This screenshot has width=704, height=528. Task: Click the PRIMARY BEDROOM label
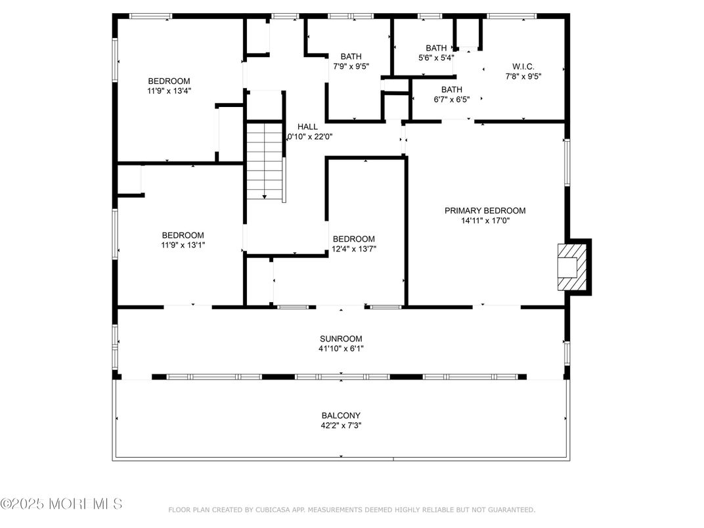pos(485,211)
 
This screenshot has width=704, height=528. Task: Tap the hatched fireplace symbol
pos(567,267)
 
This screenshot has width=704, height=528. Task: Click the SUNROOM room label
pos(341,339)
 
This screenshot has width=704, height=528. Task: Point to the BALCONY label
pos(341,415)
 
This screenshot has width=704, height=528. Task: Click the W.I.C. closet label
pos(523,66)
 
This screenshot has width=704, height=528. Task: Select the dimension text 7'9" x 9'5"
pos(351,66)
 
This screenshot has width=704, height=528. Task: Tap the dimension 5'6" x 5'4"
pos(436,58)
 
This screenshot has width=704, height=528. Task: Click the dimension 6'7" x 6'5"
pos(451,100)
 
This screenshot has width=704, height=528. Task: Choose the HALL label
pos(307,127)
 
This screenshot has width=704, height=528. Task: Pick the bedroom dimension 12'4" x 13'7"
pos(354,249)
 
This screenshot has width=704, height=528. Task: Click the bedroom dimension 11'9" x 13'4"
pos(169,91)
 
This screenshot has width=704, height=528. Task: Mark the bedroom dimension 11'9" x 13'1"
pos(183,245)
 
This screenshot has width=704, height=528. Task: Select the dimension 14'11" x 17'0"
pos(485,221)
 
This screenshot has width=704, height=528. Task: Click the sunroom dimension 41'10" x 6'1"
pos(341,349)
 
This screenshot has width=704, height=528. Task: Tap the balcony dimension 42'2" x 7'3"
pos(341,425)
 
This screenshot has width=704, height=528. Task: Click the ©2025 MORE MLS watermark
pos(61,504)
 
